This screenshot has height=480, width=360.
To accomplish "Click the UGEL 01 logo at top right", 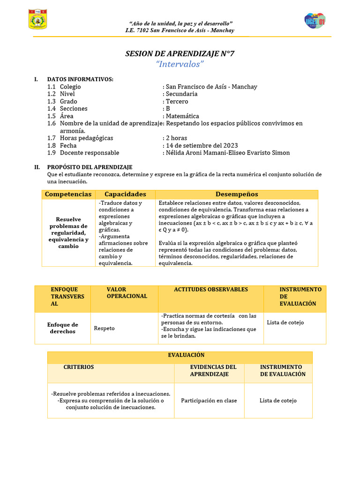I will pyautogui.click(x=315, y=21).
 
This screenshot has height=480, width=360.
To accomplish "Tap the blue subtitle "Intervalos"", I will pyautogui.click(x=180, y=64).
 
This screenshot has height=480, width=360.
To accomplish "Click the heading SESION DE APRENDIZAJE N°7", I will pyautogui.click(x=180, y=54).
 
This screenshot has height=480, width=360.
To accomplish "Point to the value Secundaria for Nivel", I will pyautogui.click(x=181, y=94).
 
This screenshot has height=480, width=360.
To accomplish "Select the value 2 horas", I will pyautogui.click(x=176, y=138).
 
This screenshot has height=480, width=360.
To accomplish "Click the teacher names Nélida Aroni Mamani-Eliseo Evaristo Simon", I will pyautogui.click(x=227, y=153).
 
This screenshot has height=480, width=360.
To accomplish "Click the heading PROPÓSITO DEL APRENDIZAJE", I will pyautogui.click(x=90, y=167).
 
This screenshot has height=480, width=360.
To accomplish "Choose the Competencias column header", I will pyautogui.click(x=68, y=194).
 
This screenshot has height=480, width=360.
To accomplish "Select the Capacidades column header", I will pyautogui.click(x=125, y=194).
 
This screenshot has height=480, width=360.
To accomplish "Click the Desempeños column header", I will pyautogui.click(x=237, y=194).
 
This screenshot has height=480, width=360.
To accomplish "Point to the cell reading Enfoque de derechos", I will pyautogui.click(x=63, y=328).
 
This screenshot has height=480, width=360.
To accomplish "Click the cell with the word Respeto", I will pyautogui.click(x=104, y=328).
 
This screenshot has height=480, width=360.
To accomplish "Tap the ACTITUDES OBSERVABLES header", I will pyautogui.click(x=211, y=290).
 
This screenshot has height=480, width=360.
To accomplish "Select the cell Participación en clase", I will pyautogui.click(x=209, y=401).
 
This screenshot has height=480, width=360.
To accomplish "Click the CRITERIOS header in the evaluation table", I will pyautogui.click(x=79, y=367).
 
